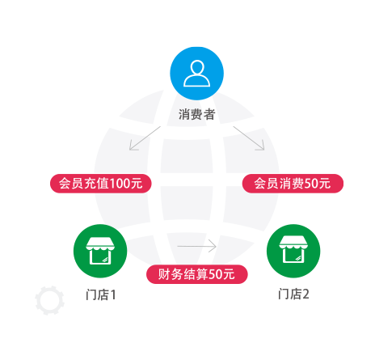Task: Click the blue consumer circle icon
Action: coord(196,74)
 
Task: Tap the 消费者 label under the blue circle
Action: coord(196,114)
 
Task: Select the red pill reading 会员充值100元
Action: coord(101,184)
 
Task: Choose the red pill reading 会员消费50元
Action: coord(293,184)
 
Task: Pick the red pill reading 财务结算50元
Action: coord(197,274)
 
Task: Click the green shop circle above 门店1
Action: coord(100,251)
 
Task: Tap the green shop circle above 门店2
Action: coord(293,251)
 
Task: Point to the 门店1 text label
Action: coord(101,294)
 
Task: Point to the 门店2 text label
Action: coord(293,294)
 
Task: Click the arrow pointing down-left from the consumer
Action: coord(145,138)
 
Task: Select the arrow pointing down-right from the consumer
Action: coord(249,138)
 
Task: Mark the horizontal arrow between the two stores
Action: coord(197,246)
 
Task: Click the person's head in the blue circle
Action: coord(197,67)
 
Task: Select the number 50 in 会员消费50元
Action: coord(310,184)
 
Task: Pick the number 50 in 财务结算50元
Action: coord(215,274)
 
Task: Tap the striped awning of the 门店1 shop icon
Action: coord(100,243)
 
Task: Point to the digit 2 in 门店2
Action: coord(305,294)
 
